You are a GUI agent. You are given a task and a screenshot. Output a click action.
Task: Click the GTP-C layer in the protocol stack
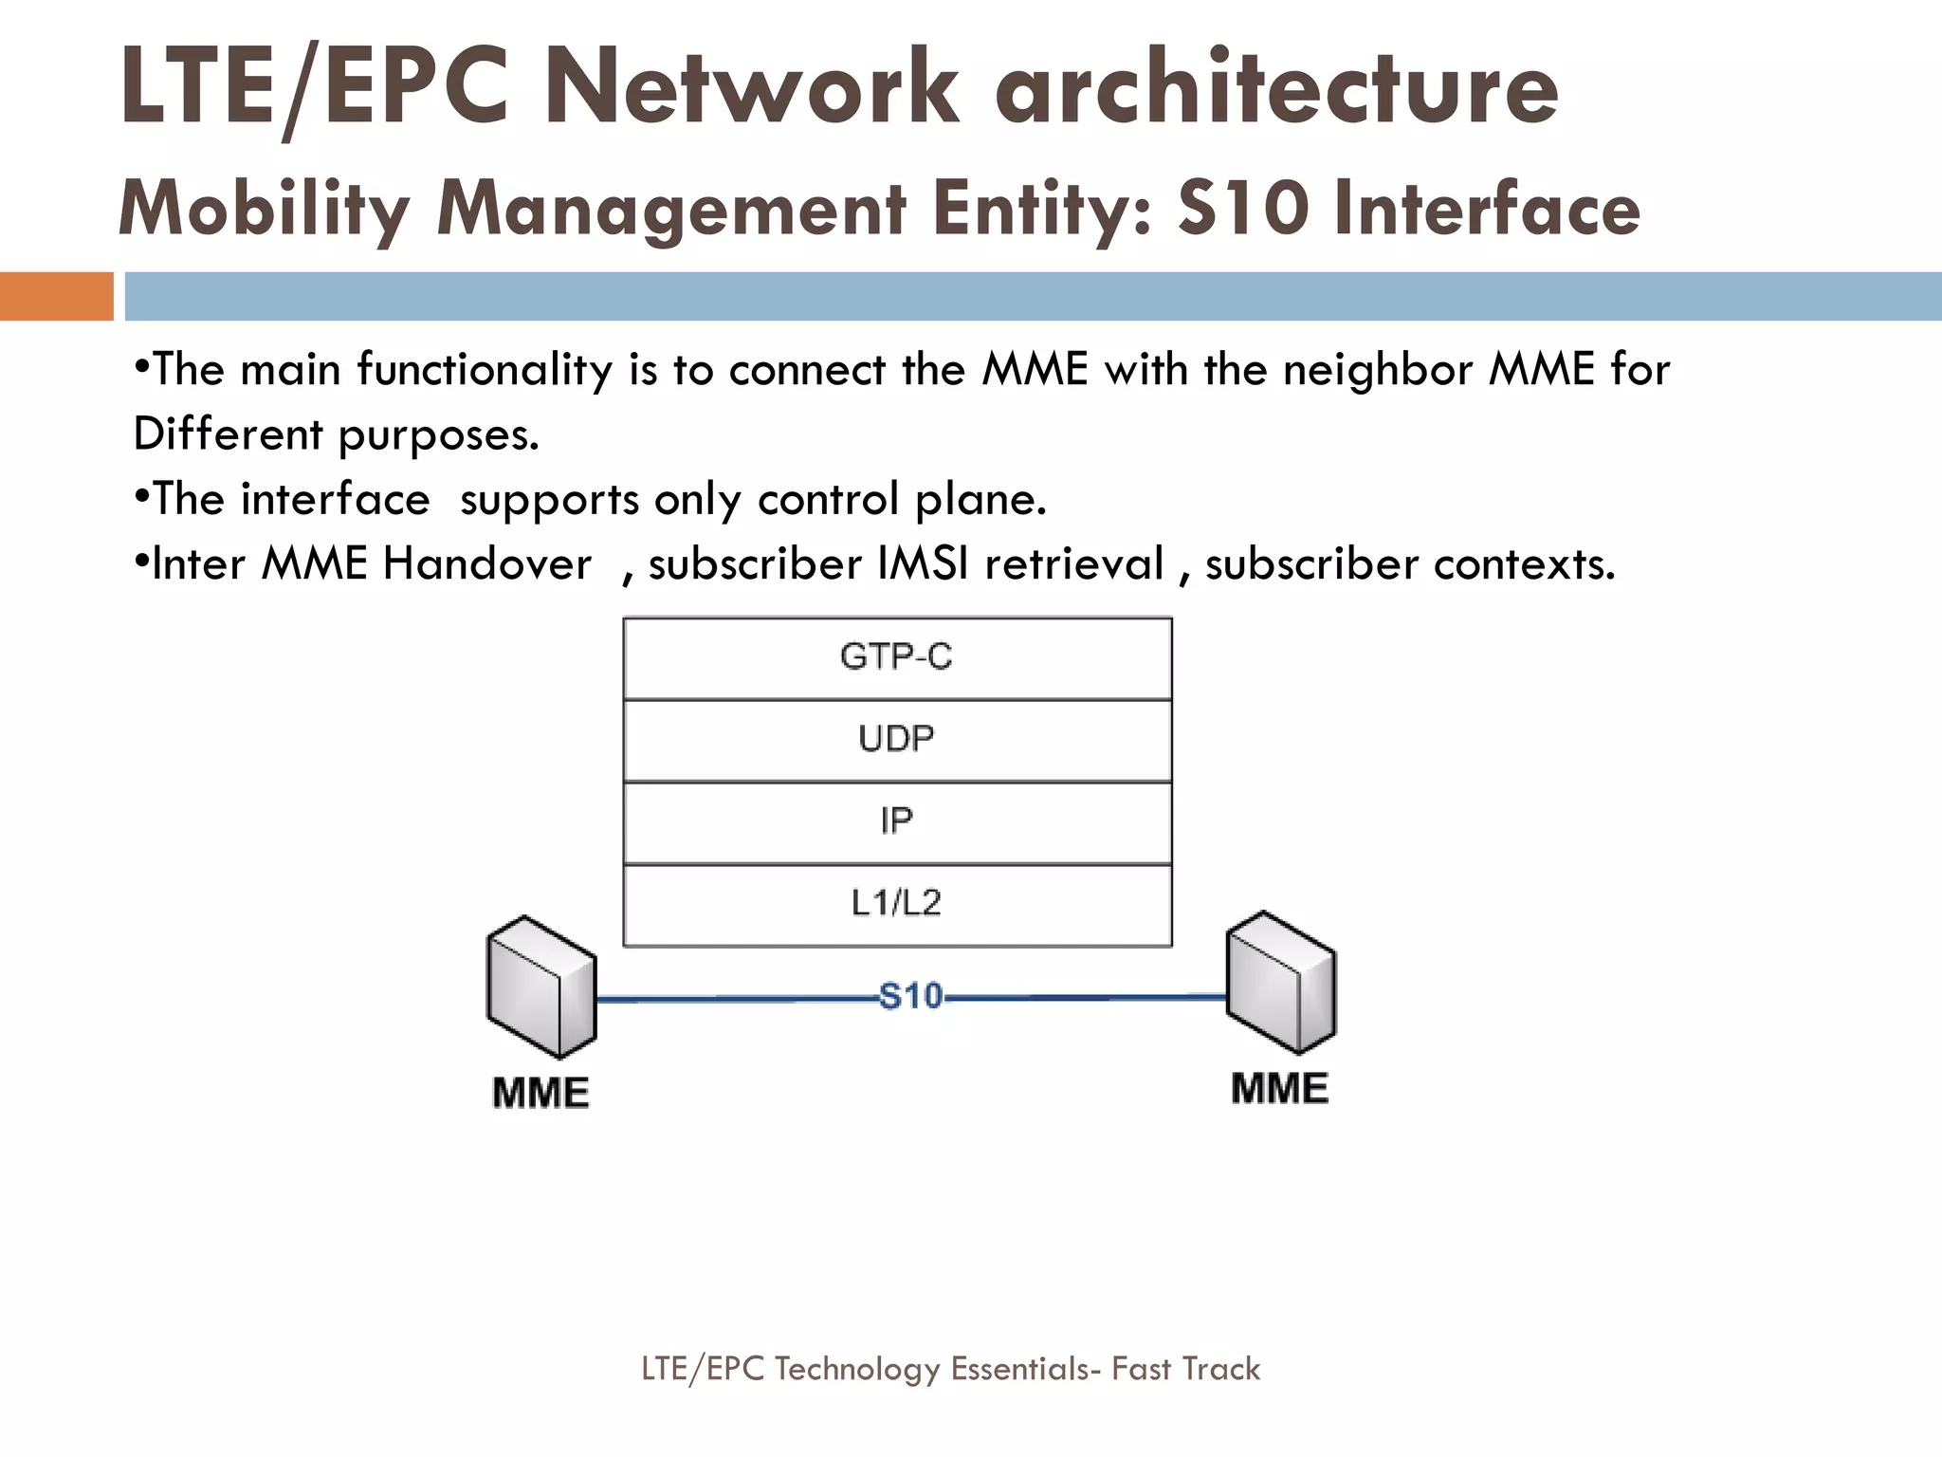(x=897, y=657)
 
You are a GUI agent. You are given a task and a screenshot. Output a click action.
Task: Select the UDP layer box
(x=897, y=740)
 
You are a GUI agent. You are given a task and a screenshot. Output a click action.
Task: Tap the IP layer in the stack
(x=897, y=821)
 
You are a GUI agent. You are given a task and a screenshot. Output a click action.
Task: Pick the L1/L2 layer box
(x=897, y=903)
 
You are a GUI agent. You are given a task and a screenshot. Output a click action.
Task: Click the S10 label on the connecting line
(x=910, y=997)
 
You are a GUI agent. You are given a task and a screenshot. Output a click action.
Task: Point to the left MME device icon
(x=541, y=987)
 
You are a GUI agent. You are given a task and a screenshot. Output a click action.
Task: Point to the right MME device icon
(x=1281, y=982)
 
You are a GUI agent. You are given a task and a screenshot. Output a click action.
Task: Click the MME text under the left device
(x=541, y=1093)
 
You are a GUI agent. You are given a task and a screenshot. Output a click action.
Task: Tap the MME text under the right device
(x=1280, y=1088)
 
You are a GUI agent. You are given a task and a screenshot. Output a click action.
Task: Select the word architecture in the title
(x=1275, y=88)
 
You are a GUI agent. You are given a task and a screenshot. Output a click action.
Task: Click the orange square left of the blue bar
(x=56, y=296)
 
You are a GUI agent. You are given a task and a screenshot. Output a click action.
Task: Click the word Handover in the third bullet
(x=486, y=564)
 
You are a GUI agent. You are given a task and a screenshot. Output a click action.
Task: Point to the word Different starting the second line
(x=228, y=434)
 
